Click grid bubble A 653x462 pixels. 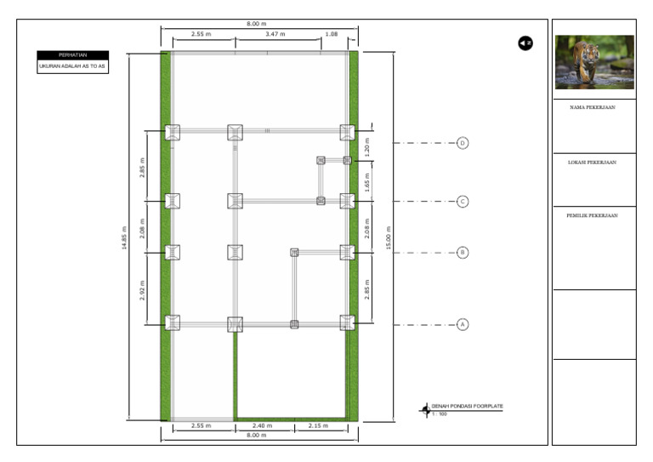pos(463,324)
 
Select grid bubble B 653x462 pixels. pos(463,253)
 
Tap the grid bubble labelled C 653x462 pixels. pos(463,202)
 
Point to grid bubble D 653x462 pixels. pos(463,143)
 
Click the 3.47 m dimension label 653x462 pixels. pos(275,35)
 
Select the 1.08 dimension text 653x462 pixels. pos(332,35)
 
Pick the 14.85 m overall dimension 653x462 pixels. pos(124,237)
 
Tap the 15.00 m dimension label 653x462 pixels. pos(389,237)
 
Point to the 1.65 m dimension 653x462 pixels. pos(367,180)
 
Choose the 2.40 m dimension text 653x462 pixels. pos(263,425)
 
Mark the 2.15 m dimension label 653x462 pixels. pos(319,425)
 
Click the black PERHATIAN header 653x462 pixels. pos(72,55)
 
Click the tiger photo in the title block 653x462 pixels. pos(594,62)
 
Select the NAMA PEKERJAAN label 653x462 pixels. pos(593,108)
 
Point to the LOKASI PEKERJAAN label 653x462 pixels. pos(593,162)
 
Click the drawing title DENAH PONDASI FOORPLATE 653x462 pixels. pos(467,407)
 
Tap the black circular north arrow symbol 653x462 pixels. pos(525,43)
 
